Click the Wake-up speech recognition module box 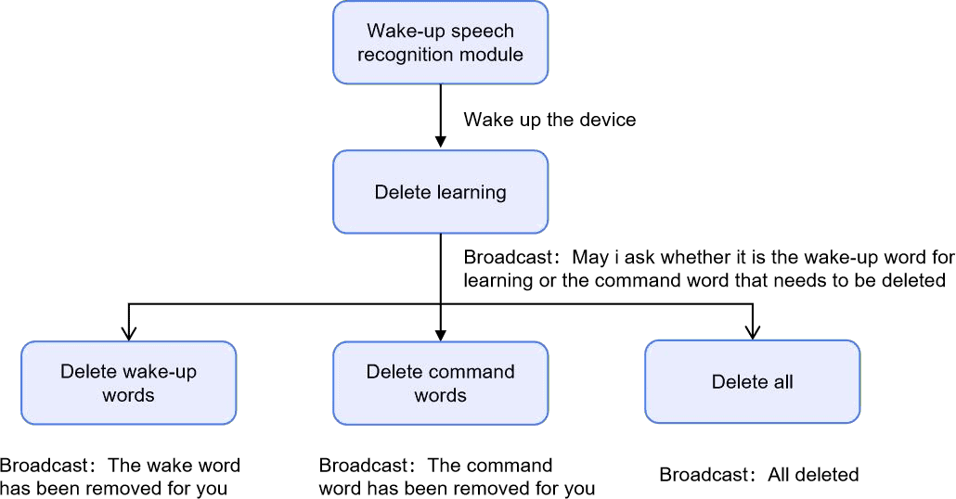(x=440, y=43)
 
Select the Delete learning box (x=440, y=192)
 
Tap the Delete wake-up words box (x=128, y=383)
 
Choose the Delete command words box (x=440, y=383)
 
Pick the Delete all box (x=752, y=381)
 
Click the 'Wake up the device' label (x=549, y=120)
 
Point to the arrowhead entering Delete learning (x=440, y=141)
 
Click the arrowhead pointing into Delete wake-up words (x=128, y=332)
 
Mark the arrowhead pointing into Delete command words (x=440, y=332)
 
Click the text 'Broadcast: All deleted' (x=758, y=475)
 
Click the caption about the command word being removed (x=457, y=477)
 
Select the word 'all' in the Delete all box (x=781, y=381)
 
